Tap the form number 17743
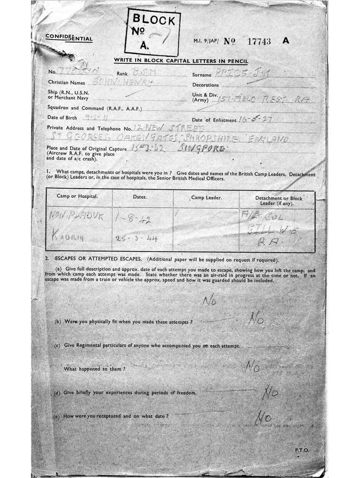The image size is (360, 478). coord(257,41)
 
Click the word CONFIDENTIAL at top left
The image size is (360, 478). coord(69,39)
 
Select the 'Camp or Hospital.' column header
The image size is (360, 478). coord(77,197)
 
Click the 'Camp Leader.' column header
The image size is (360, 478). coord(206,197)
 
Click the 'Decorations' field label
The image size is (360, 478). coord(206,85)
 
